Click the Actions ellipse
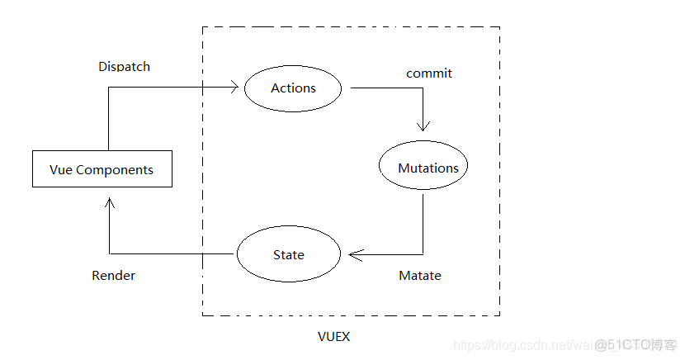tap(293, 88)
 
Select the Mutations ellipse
tap(423, 168)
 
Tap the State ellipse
tap(289, 254)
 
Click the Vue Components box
tap(102, 169)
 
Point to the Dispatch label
tap(124, 66)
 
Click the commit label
tap(429, 73)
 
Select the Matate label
tap(419, 275)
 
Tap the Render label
tap(113, 275)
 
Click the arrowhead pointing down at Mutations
tap(423, 126)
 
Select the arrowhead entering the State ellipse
tap(353, 254)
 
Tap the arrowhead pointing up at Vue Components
tap(109, 202)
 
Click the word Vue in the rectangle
tap(61, 169)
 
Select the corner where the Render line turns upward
tap(109, 253)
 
